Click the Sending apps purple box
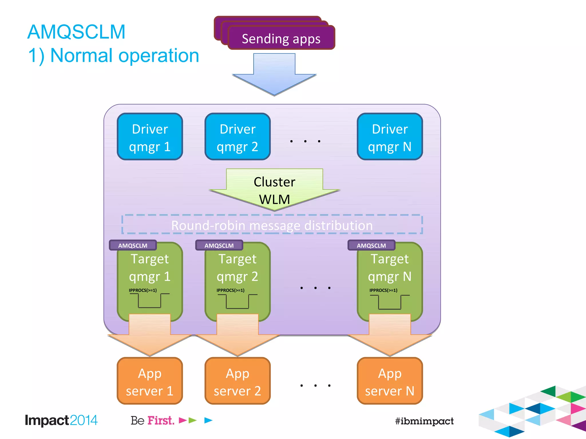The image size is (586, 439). pyautogui.click(x=281, y=38)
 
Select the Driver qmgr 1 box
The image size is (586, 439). pyautogui.click(x=150, y=137)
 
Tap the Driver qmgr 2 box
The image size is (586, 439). pyautogui.click(x=237, y=137)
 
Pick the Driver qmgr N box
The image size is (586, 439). pyautogui.click(x=390, y=137)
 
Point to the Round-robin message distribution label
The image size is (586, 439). pyautogui.click(x=272, y=225)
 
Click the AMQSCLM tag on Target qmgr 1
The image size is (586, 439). pyautogui.click(x=133, y=246)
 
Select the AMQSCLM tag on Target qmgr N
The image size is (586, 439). pyautogui.click(x=371, y=246)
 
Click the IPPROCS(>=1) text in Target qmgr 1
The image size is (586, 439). pyautogui.click(x=143, y=290)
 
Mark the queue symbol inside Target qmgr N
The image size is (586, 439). pyautogui.click(x=390, y=302)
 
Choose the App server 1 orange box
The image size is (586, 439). pyautogui.click(x=150, y=381)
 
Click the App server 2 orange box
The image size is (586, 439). pyautogui.click(x=237, y=381)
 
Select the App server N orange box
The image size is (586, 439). pyautogui.click(x=390, y=381)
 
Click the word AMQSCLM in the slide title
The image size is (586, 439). pyautogui.click(x=76, y=32)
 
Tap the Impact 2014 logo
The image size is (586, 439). pyautogui.click(x=61, y=420)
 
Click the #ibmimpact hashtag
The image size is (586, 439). pyautogui.click(x=424, y=421)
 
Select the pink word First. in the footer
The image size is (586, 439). pyautogui.click(x=161, y=420)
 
